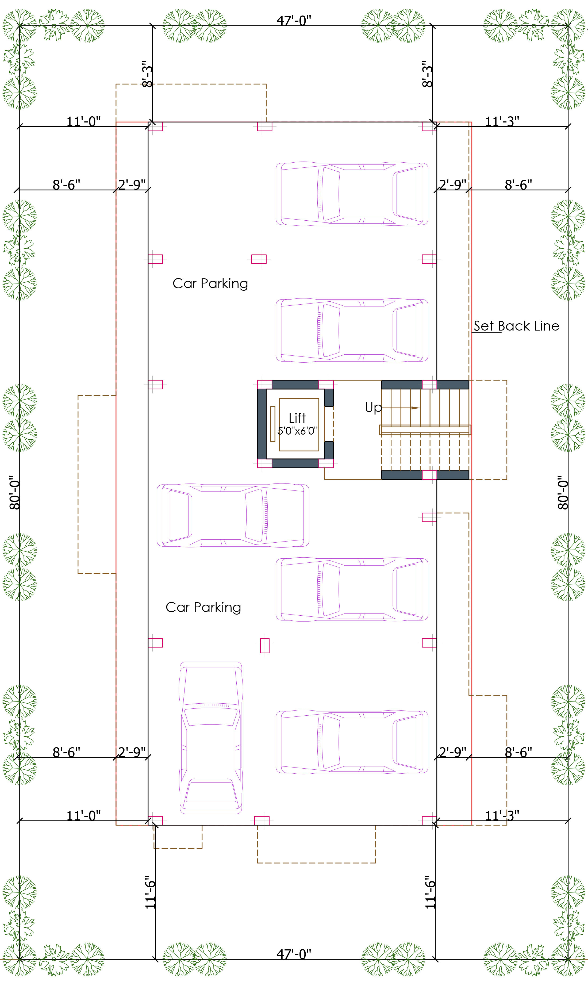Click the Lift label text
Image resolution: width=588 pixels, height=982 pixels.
pyautogui.click(x=297, y=418)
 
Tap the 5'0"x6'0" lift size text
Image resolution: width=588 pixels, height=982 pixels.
pyautogui.click(x=298, y=431)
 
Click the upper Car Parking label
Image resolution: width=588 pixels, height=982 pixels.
pyautogui.click(x=210, y=284)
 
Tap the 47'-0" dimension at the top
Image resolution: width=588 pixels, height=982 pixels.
pyautogui.click(x=294, y=20)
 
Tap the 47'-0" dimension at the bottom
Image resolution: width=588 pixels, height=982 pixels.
pyautogui.click(x=294, y=954)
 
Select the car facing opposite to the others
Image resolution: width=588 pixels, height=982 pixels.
pyautogui.click(x=233, y=515)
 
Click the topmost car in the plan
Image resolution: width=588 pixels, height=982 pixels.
pyautogui.click(x=352, y=194)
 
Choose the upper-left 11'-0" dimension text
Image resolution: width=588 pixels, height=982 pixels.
pyautogui.click(x=84, y=121)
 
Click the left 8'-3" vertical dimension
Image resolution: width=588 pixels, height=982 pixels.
pyautogui.click(x=147, y=74)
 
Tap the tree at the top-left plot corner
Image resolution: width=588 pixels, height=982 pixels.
pyautogui.click(x=20, y=25)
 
